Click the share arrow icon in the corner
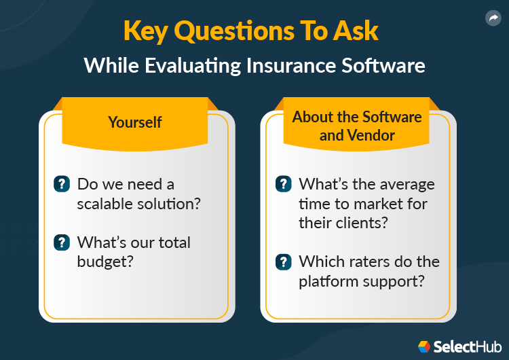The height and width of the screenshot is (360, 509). click(x=493, y=18)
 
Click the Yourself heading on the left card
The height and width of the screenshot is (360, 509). click(x=135, y=122)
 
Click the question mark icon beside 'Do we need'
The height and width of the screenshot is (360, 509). click(x=62, y=183)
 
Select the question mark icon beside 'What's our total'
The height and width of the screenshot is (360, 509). click(x=62, y=242)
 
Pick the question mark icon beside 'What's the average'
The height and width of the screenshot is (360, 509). click(x=283, y=183)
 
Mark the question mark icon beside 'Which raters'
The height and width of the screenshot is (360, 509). click(x=283, y=261)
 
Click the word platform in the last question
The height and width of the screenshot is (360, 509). click(x=327, y=281)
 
